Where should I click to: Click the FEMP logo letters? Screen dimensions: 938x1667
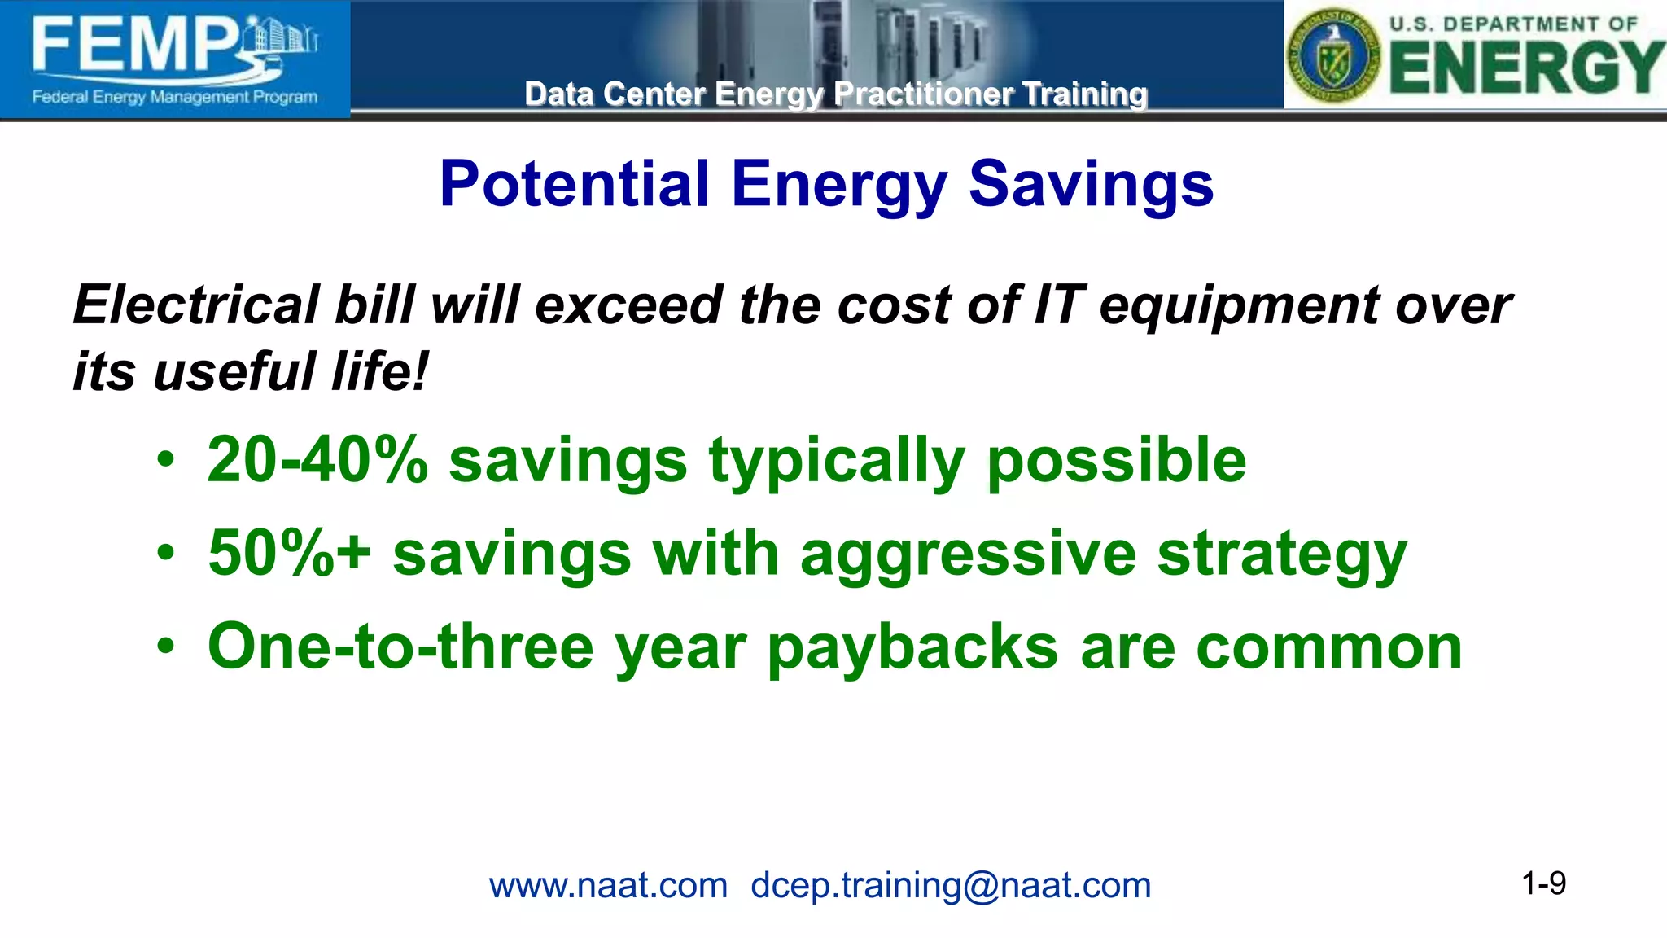click(x=134, y=46)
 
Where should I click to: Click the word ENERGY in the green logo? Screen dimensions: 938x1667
click(x=1527, y=68)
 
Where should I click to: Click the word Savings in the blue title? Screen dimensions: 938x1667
click(x=1091, y=186)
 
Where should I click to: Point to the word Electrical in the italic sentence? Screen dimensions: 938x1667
click(x=195, y=305)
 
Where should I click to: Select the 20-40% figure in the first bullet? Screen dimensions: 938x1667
click(x=317, y=460)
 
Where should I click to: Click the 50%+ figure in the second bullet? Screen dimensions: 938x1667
click(x=289, y=554)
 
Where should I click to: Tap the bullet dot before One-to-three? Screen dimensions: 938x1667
click(x=166, y=647)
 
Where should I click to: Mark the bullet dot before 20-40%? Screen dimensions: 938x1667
click(x=166, y=461)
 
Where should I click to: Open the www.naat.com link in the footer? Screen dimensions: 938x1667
click(x=608, y=885)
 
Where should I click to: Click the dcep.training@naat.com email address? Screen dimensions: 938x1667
click(x=951, y=885)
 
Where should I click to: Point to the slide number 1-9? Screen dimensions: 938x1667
click(x=1543, y=883)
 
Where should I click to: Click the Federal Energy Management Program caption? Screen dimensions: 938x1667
click(x=174, y=97)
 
